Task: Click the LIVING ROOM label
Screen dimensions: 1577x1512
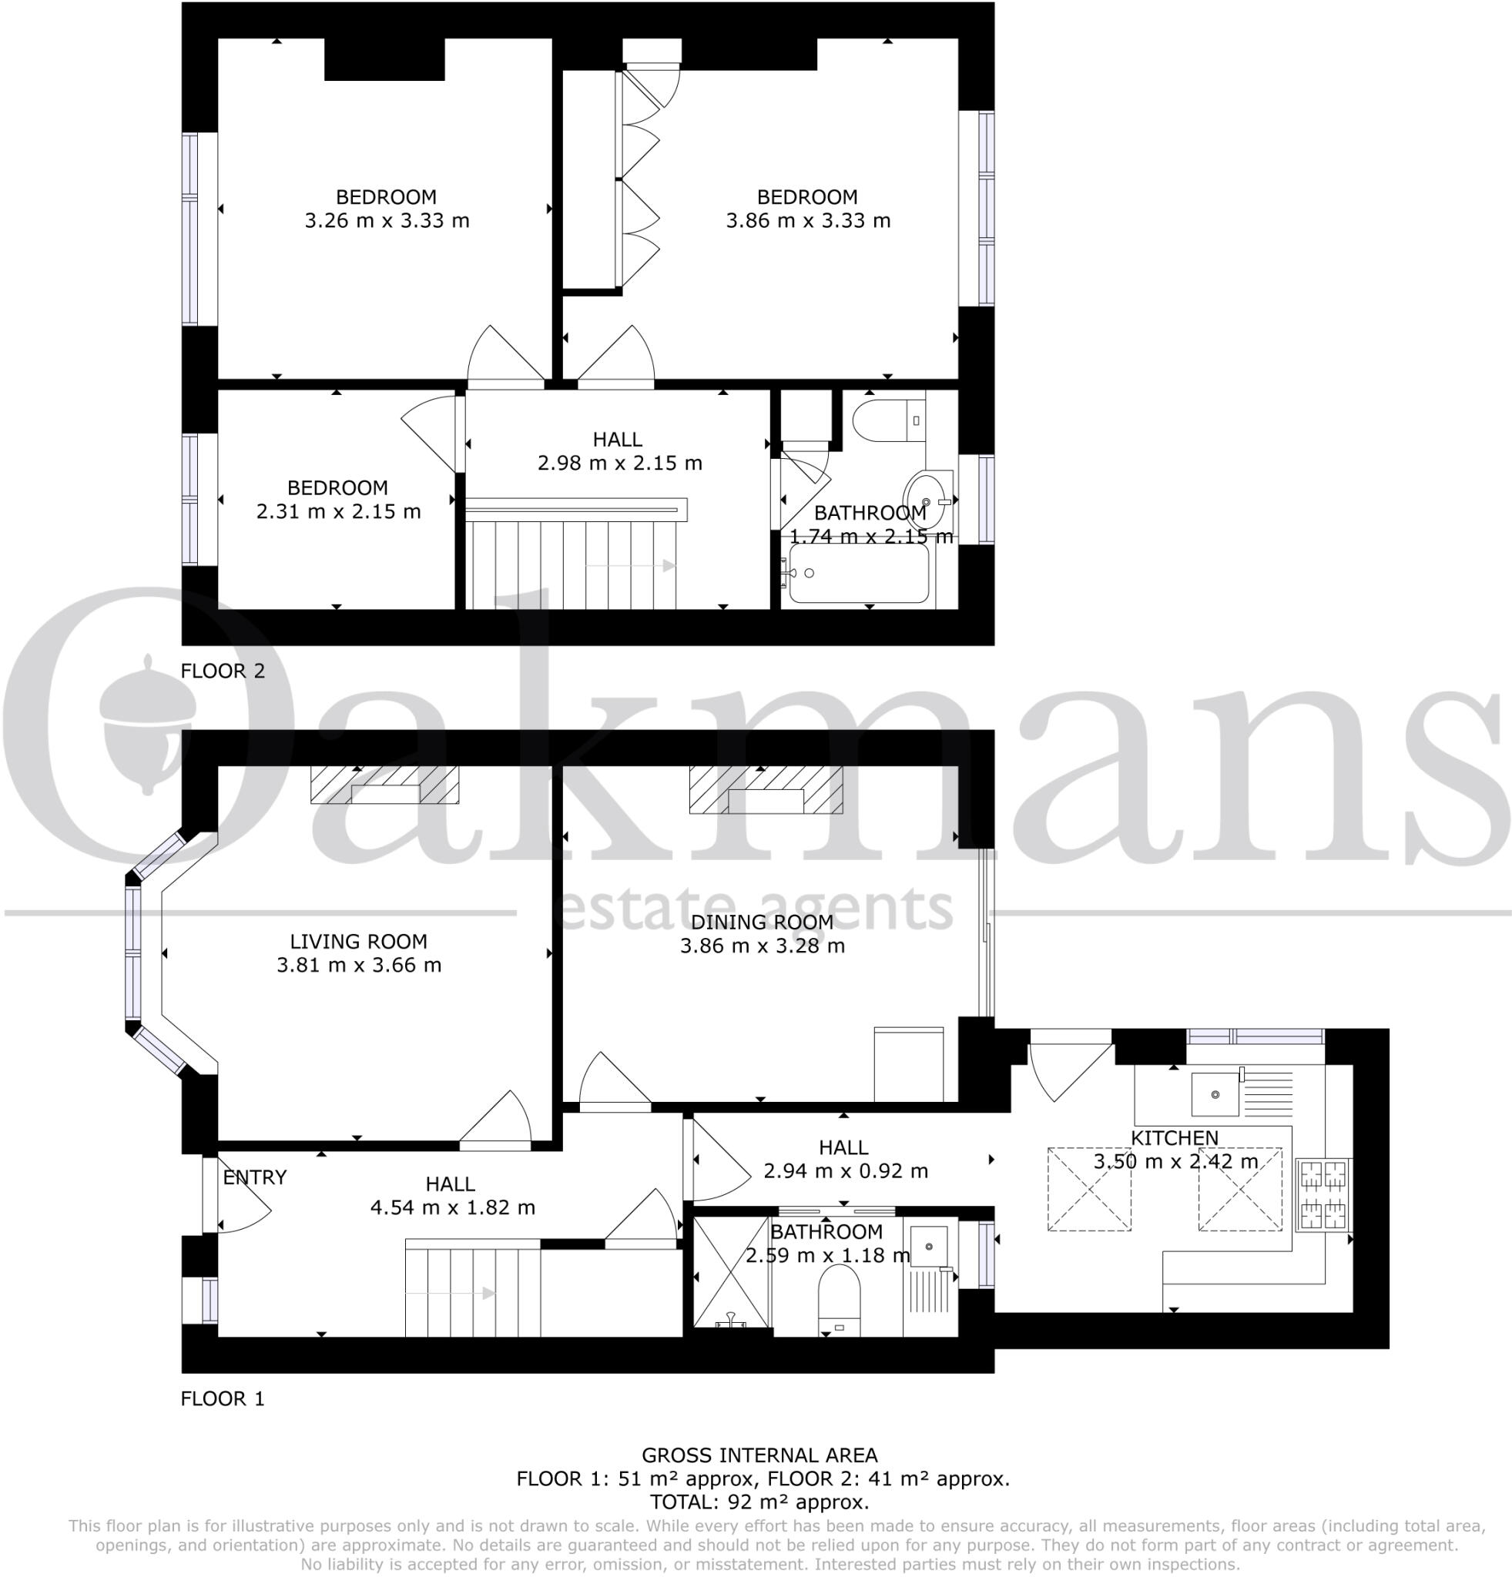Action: (358, 940)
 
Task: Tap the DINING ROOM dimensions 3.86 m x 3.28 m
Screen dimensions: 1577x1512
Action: (762, 946)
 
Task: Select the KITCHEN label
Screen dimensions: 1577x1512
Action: (1174, 1137)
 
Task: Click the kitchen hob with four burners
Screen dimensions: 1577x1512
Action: (1323, 1194)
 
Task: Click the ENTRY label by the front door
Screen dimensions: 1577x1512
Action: (254, 1177)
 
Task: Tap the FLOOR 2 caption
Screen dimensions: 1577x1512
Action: (222, 670)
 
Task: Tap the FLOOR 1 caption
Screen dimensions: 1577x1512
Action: (222, 1398)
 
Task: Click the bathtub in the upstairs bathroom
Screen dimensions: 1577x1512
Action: (859, 574)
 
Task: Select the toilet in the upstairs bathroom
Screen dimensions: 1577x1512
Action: (880, 420)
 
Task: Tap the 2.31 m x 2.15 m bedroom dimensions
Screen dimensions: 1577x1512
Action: (338, 511)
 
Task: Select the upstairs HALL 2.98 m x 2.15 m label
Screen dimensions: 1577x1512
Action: (618, 450)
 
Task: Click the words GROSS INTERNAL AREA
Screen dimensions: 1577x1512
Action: (759, 1455)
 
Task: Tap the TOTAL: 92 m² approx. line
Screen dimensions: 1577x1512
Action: (759, 1502)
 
